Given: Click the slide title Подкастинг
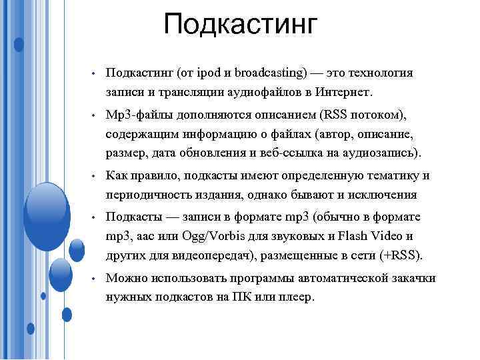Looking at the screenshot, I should click(241, 25).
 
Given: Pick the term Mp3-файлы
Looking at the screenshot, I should click(136, 114).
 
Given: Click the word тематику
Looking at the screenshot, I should click(383, 175).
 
